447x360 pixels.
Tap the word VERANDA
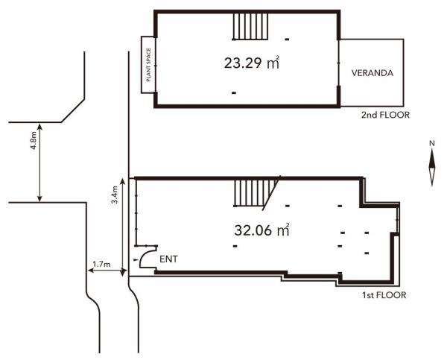[372, 73]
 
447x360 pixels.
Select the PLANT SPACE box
[147, 65]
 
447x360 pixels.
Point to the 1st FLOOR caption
[384, 296]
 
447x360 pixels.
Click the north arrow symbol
[431, 168]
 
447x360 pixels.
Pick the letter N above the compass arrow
[431, 142]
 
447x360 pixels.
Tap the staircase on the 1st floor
[250, 194]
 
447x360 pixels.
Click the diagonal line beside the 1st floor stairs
[271, 194]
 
